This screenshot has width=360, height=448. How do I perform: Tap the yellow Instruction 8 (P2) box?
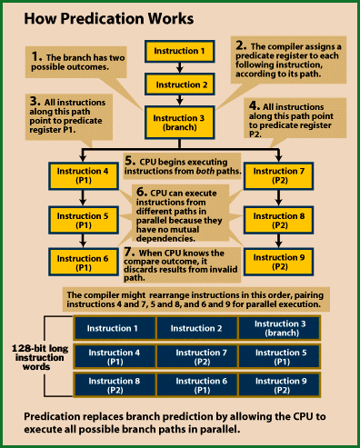point(275,220)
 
